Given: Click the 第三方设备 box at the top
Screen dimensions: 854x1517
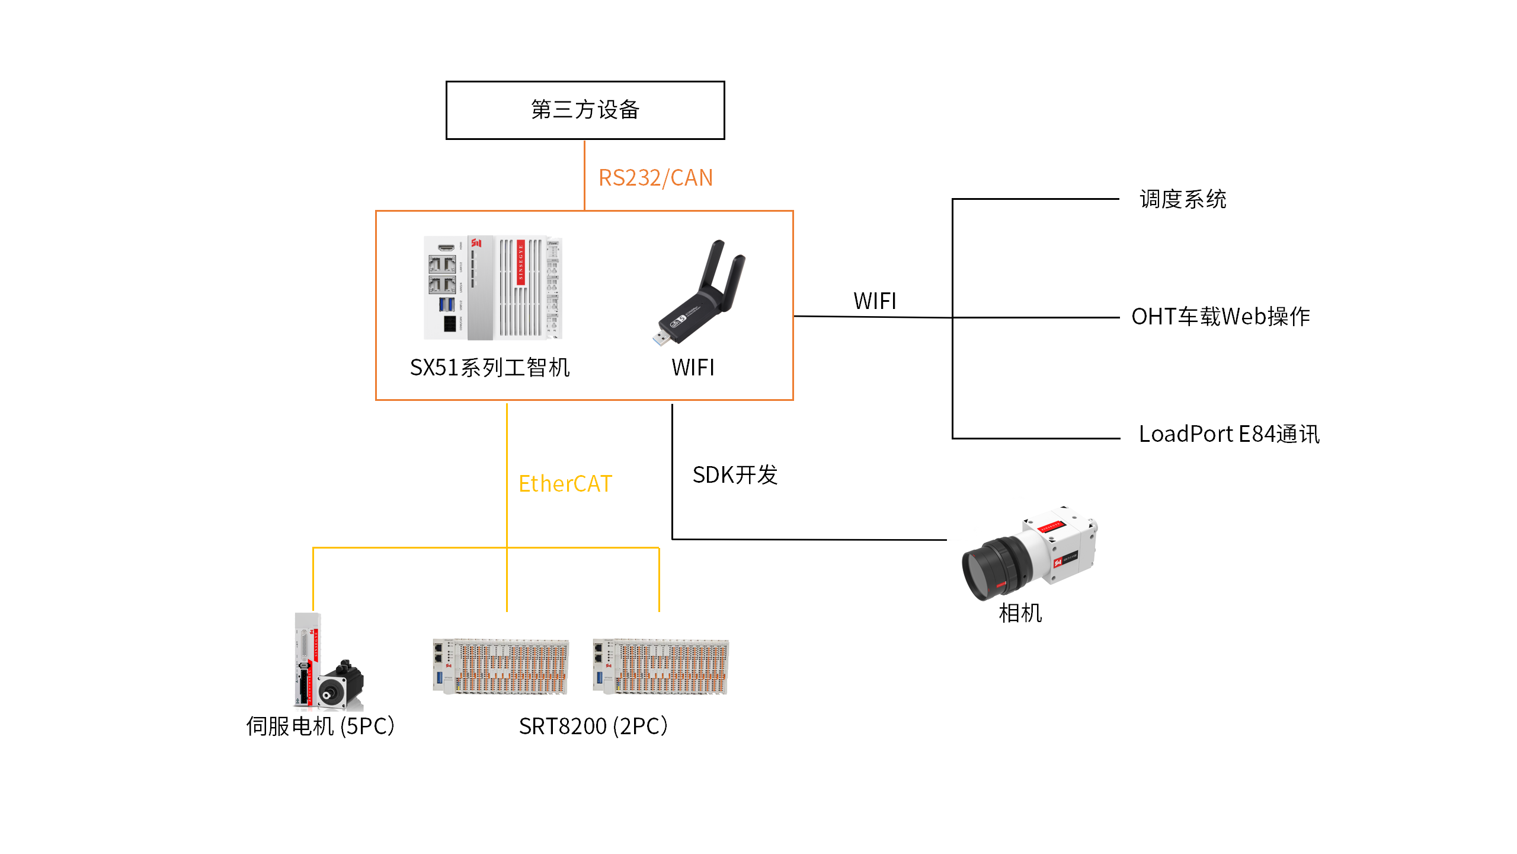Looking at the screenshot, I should point(585,110).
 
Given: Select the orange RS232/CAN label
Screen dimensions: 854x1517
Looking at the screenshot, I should point(655,178).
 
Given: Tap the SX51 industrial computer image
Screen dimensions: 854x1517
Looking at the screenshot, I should point(493,288).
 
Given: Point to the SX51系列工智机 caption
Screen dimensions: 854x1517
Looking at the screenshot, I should point(489,368).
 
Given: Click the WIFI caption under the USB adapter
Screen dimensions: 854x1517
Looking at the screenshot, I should point(693,368).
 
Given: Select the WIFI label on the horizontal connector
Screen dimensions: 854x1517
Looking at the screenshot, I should point(875,301).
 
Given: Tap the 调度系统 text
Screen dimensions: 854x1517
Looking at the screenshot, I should point(1183,199).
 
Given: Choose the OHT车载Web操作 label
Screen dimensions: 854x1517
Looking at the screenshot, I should point(1221,317).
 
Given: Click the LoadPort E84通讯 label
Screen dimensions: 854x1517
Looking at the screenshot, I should point(1229,434).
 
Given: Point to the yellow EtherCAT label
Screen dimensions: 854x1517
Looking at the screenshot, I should point(565,484).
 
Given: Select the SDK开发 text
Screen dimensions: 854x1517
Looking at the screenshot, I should point(735,475).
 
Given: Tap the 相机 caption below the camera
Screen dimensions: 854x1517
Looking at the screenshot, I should point(1020,613).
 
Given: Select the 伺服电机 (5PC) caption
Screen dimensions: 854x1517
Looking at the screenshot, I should point(321,726).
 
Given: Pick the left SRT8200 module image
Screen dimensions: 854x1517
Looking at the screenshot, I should point(501,667).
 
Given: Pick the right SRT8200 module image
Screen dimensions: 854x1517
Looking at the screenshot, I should point(661,667).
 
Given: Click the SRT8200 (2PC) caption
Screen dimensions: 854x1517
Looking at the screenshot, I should point(593,726).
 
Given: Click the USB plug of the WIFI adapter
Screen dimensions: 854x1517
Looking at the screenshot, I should point(661,338).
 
